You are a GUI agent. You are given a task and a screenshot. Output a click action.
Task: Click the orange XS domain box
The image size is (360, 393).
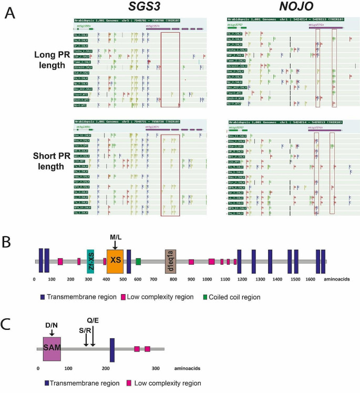tap(115, 261)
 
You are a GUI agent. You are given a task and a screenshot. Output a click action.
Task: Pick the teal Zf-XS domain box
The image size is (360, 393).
tap(90, 261)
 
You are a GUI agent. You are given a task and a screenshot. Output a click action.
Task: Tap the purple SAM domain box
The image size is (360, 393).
tap(52, 349)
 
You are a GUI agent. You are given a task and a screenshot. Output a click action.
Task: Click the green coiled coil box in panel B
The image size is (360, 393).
tap(138, 261)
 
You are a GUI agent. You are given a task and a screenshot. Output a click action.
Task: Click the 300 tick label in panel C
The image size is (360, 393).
tap(155, 367)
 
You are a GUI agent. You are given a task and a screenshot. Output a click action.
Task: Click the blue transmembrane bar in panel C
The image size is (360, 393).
tap(112, 349)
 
